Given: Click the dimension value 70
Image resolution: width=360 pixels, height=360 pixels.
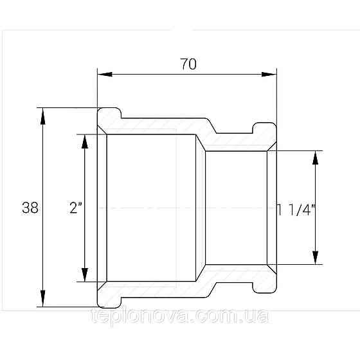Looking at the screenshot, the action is click(188, 64).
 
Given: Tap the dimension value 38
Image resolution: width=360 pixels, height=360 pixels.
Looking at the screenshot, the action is click(30, 208).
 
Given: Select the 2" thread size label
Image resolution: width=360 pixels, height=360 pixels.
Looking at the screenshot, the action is click(76, 208).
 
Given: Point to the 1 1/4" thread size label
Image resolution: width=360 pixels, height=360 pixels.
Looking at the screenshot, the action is click(296, 210).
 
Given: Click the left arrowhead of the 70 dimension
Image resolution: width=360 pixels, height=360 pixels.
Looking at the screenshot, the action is click(105, 74).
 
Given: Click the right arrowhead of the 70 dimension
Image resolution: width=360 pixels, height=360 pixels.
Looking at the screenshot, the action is click(269, 74).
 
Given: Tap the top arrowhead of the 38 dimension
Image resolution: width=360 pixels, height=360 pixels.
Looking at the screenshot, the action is click(42, 116).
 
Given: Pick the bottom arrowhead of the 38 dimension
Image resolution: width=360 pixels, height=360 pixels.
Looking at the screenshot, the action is click(42, 298).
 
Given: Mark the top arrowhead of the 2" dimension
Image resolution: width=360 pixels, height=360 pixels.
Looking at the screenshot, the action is click(85, 141).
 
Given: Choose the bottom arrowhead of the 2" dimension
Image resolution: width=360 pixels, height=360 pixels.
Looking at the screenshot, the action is click(85, 274).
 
